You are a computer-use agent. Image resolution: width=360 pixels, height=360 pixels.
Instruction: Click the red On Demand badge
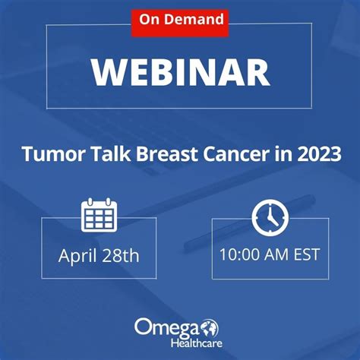pyautogui.click(x=180, y=24)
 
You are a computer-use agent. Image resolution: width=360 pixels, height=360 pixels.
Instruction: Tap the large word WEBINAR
pyautogui.click(x=181, y=73)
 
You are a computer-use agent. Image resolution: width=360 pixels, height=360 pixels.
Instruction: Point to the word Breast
pyautogui.click(x=167, y=154)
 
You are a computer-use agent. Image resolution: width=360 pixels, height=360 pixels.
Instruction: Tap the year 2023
pyautogui.click(x=319, y=154)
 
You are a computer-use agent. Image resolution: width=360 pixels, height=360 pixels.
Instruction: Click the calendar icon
pyautogui.click(x=99, y=215)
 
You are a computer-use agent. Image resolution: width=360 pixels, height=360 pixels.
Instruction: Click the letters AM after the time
pyautogui.click(x=276, y=254)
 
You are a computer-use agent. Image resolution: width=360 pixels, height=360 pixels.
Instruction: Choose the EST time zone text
pyautogui.click(x=306, y=254)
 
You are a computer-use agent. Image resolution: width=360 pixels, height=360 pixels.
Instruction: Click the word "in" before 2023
pyautogui.click(x=283, y=153)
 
